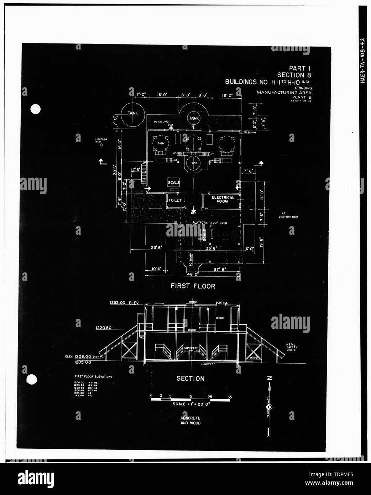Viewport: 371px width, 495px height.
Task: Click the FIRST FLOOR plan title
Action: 193,286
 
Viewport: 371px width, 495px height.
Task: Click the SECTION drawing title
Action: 190,379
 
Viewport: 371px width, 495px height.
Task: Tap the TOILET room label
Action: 175,200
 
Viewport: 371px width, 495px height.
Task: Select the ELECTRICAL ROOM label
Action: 223,199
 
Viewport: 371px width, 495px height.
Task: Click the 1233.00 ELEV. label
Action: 126,303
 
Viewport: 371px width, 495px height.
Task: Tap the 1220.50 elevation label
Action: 104,328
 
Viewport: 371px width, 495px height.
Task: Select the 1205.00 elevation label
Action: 83,362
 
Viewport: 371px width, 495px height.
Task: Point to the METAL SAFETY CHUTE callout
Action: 291,347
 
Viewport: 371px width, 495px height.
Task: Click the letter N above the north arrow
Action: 270,378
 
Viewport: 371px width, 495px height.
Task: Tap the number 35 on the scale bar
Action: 230,396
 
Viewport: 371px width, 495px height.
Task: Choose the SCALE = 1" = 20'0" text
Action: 191,404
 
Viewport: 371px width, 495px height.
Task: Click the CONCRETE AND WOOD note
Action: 190,421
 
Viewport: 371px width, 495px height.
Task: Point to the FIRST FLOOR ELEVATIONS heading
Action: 93,376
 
